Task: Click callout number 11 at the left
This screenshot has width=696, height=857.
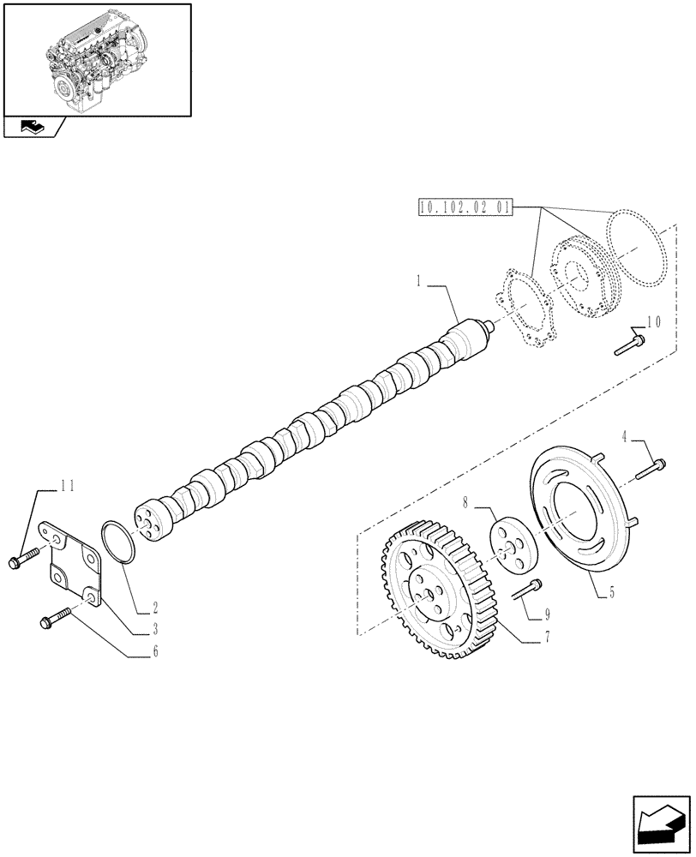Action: pyautogui.click(x=67, y=486)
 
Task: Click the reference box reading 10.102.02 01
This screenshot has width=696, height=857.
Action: pyautogui.click(x=464, y=207)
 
